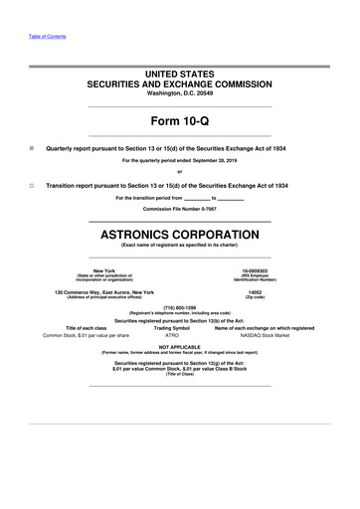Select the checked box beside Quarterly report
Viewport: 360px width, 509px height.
[33, 147]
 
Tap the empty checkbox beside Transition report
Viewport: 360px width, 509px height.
[33, 185]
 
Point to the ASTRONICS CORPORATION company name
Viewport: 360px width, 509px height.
[180, 235]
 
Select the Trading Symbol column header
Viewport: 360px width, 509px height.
[172, 328]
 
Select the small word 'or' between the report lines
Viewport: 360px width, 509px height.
[180, 172]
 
